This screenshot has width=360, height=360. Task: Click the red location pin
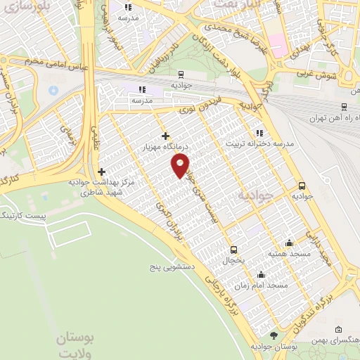click(181, 165)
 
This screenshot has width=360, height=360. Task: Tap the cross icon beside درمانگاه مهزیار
click(165, 136)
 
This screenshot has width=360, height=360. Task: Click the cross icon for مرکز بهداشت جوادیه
click(102, 171)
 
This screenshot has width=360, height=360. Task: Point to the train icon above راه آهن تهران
click(344, 106)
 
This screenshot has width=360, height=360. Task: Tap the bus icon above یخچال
click(233, 250)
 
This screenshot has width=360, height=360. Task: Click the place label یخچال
click(233, 261)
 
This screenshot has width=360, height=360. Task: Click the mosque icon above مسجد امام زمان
click(262, 275)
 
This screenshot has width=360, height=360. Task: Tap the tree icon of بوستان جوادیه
click(274, 336)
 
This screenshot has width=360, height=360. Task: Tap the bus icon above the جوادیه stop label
click(302, 186)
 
